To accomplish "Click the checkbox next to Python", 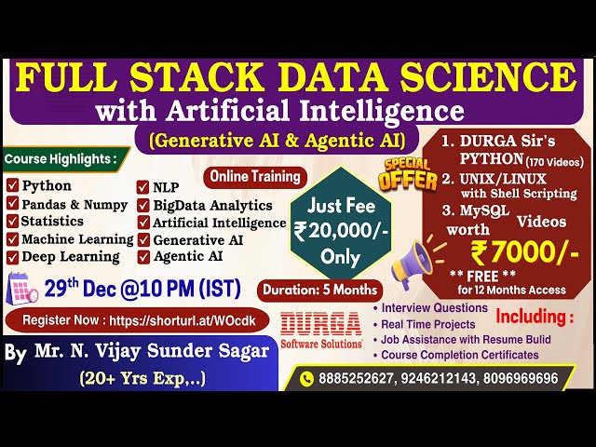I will [x=12, y=185].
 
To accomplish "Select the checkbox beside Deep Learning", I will [x=12, y=256].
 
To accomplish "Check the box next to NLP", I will [x=143, y=187].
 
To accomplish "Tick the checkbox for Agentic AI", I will [x=143, y=256].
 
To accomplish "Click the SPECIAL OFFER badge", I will [x=408, y=174].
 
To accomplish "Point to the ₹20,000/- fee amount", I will [x=328, y=233].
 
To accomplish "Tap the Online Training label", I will [x=255, y=175].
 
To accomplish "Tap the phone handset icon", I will [x=307, y=378].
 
